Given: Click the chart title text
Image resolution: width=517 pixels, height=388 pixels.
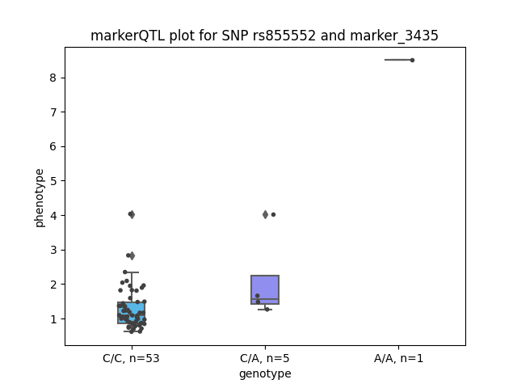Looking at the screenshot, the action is tap(264, 36).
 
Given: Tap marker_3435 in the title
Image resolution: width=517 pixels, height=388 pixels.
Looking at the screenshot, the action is tap(394, 36).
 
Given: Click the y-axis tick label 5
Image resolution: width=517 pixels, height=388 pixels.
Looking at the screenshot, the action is tap(53, 181).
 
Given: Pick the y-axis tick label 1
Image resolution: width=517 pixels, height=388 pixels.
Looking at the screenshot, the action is tap(53, 319).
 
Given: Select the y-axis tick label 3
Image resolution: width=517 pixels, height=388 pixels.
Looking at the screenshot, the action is tap(53, 250).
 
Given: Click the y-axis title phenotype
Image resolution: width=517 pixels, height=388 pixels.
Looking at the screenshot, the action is tap(40, 198).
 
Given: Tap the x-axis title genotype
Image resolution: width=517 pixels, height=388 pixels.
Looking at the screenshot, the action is tap(265, 373).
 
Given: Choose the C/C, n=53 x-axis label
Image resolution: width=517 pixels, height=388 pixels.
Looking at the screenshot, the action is tap(131, 358).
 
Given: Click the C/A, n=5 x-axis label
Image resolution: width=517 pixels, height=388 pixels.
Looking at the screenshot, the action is tap(265, 358).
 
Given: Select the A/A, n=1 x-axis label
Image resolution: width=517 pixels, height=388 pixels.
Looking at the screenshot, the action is tap(398, 358).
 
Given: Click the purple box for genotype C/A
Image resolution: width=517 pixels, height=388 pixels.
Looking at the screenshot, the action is tap(265, 289).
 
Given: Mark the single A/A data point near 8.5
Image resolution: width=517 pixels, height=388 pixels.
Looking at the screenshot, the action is tap(412, 60).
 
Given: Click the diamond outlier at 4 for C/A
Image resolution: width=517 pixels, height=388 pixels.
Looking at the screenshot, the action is tap(266, 215).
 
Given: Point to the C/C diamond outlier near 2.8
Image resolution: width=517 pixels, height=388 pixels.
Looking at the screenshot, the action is tap(132, 255).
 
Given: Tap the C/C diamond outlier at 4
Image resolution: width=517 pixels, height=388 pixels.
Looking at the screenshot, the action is tap(132, 215).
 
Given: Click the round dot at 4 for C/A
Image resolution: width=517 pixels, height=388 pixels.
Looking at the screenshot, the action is tap(273, 215).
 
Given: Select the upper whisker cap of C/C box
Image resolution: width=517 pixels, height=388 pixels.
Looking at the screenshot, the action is tap(132, 272).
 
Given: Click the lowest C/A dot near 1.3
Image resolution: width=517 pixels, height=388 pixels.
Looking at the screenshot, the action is tap(267, 310).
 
